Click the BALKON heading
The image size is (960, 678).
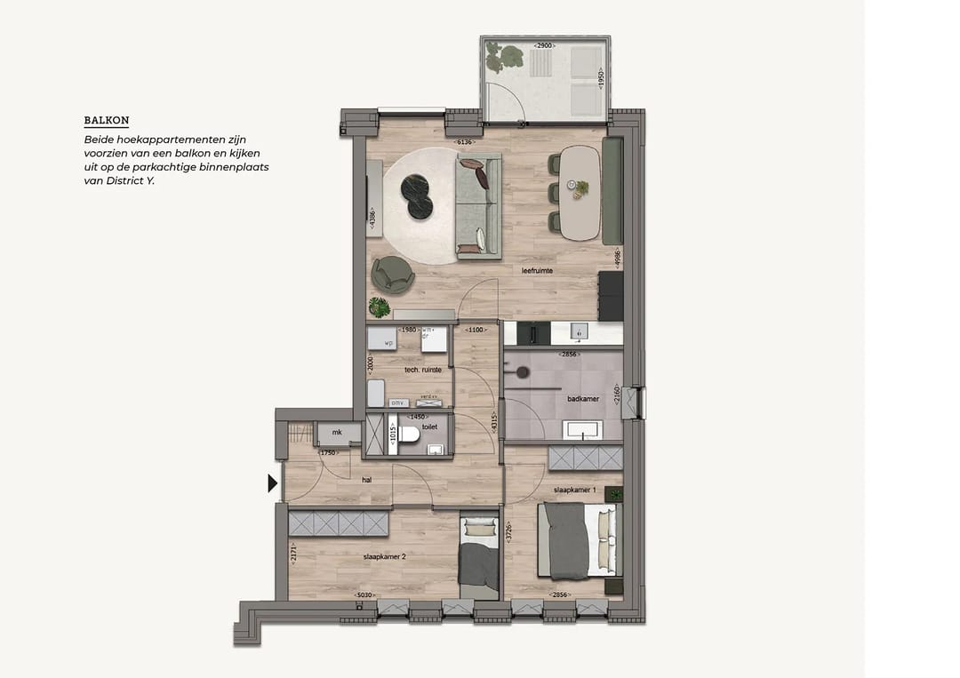106,121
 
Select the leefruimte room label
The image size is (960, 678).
538,270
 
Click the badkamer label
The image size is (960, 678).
583,399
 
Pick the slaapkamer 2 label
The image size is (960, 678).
384,557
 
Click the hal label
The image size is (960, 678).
366,480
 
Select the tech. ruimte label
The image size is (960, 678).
423,370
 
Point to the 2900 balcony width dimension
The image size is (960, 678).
545,44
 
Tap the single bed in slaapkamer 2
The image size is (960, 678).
480,557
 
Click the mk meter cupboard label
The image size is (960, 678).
337,433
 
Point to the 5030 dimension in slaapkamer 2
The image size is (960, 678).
364,595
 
